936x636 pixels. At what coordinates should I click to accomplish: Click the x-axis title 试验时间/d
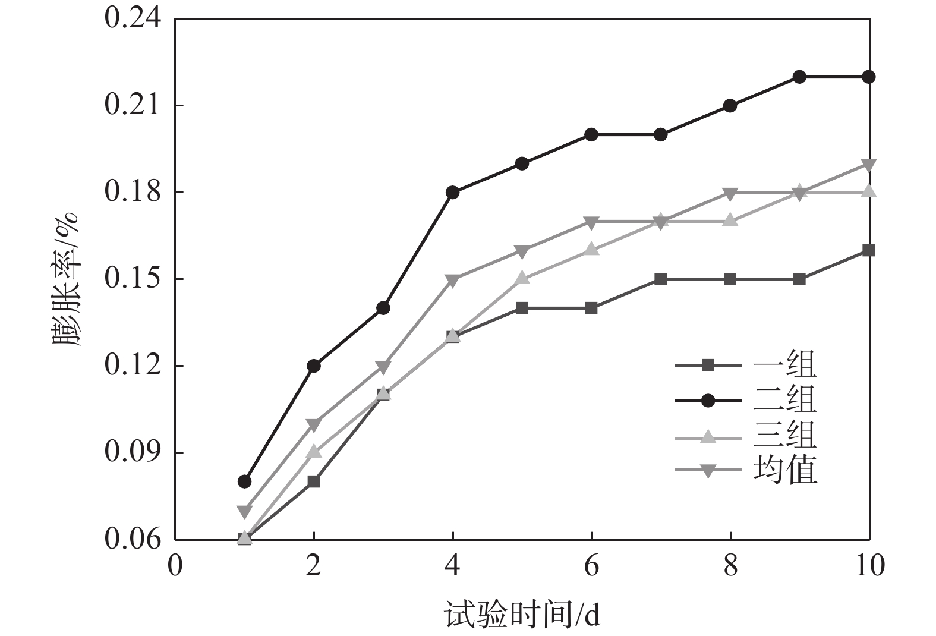(522, 615)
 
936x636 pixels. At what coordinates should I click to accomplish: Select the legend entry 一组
(784, 365)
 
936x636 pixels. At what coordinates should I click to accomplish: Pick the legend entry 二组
(784, 401)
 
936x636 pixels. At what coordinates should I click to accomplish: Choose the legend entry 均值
(784, 470)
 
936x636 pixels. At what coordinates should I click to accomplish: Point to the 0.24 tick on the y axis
(133, 18)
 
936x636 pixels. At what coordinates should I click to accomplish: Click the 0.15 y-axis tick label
(133, 279)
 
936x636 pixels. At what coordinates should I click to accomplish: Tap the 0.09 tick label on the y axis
(133, 452)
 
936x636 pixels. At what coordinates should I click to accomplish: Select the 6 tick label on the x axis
(591, 566)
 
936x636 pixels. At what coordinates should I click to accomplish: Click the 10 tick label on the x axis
(869, 566)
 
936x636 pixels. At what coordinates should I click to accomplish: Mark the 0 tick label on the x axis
(175, 566)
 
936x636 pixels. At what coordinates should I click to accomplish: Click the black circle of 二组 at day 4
(453, 193)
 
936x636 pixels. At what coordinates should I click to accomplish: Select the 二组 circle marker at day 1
(244, 481)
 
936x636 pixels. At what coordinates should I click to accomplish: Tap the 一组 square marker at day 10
(869, 250)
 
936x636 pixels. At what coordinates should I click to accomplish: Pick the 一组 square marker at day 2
(314, 481)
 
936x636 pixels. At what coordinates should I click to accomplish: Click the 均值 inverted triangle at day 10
(869, 165)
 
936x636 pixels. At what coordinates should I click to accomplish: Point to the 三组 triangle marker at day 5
(522, 278)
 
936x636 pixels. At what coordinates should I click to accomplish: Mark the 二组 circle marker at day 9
(799, 77)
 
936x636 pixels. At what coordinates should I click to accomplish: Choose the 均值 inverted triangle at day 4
(453, 281)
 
